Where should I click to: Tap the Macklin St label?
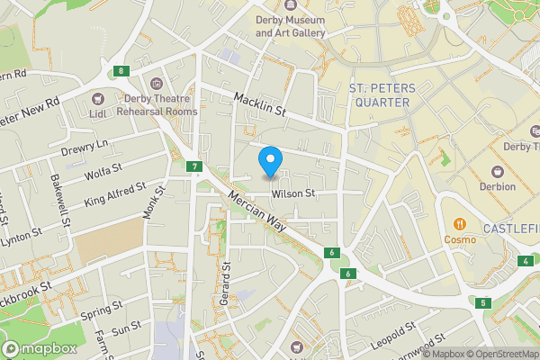[x=260, y=104]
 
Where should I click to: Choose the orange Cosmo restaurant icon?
[x=459, y=223]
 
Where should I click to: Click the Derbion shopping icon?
[x=497, y=170]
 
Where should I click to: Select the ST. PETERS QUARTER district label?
[x=379, y=95]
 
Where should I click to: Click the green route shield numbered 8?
[x=119, y=71]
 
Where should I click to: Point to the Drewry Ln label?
[x=85, y=145]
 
